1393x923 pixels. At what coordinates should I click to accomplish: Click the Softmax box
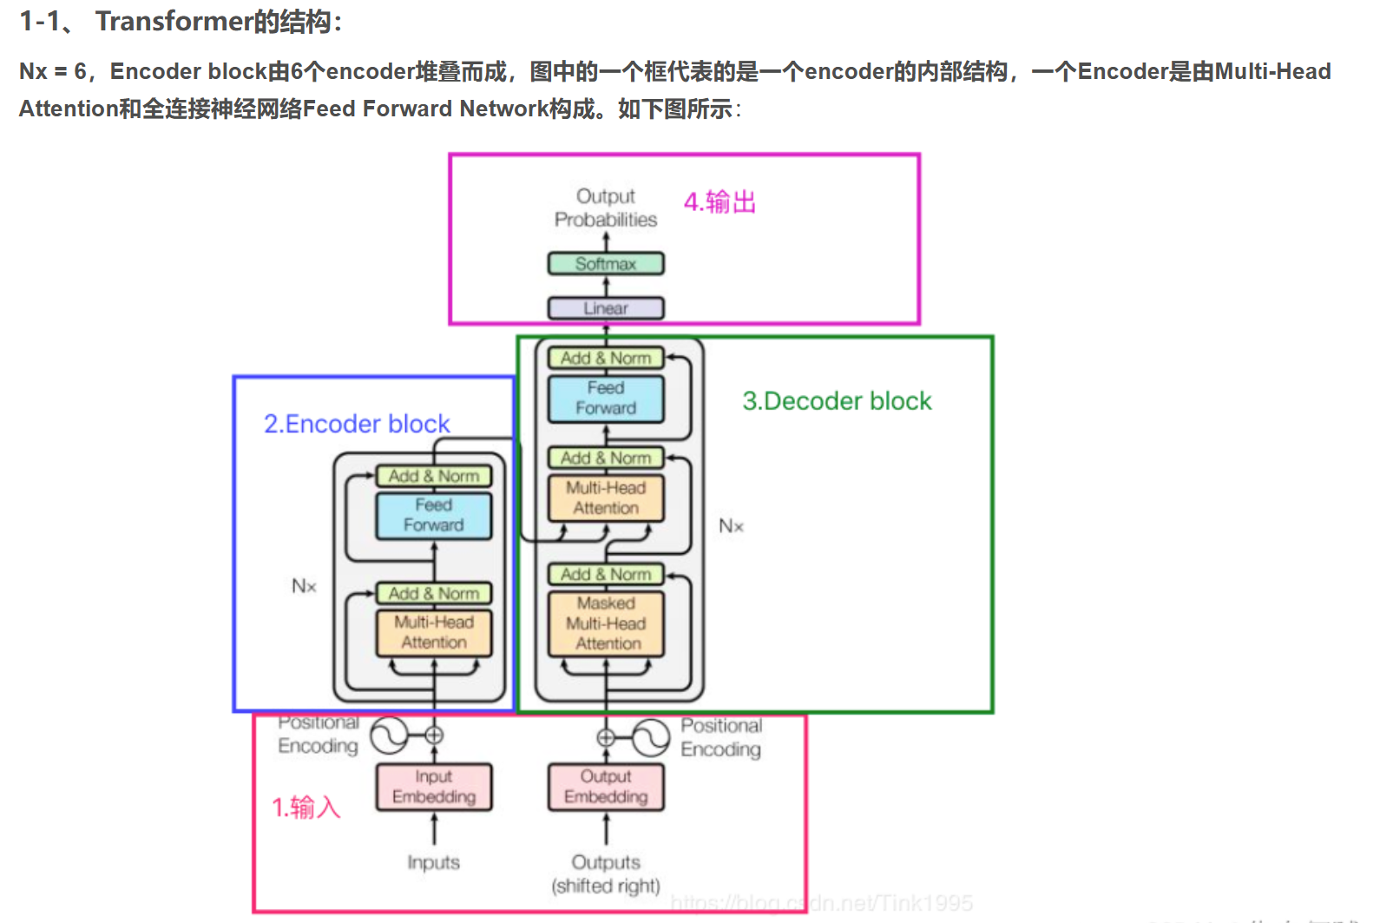coord(606,264)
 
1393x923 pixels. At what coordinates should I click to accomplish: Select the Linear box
coord(606,308)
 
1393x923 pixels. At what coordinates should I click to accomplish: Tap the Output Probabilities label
coord(606,208)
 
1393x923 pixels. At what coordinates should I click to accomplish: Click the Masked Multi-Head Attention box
coord(606,623)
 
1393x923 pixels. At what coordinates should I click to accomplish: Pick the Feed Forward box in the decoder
coord(606,399)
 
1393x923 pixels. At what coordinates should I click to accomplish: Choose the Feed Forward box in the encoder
coord(434,515)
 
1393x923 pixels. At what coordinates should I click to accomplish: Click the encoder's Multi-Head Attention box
coord(434,632)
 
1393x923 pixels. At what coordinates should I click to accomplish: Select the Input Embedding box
coord(434,787)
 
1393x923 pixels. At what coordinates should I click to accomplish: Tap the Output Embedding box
coord(606,787)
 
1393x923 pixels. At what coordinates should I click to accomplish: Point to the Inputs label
coord(434,862)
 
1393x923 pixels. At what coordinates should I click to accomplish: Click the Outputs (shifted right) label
coord(606,874)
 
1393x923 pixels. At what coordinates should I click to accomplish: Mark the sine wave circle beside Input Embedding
coord(389,735)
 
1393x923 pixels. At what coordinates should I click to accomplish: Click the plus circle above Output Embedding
coord(606,737)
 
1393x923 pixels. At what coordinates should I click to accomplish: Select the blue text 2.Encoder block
coord(357,424)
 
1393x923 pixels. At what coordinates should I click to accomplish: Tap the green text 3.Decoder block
coord(837,401)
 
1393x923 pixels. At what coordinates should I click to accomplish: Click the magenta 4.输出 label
coord(719,202)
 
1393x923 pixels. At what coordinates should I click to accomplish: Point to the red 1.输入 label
coord(306,808)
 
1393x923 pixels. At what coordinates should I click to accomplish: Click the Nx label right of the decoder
coord(731,526)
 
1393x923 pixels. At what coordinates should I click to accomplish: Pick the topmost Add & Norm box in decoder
coord(606,358)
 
